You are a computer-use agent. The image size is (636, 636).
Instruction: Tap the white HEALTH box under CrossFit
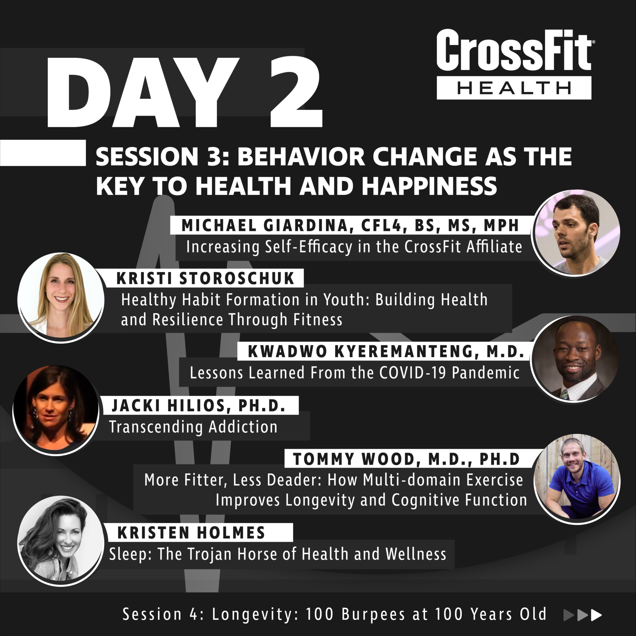(x=514, y=88)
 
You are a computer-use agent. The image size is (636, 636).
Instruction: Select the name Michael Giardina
(x=265, y=226)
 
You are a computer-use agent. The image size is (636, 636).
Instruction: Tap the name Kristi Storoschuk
(x=205, y=278)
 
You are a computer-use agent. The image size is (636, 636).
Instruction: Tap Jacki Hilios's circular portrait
(x=56, y=410)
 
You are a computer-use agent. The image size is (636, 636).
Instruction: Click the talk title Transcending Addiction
(x=193, y=427)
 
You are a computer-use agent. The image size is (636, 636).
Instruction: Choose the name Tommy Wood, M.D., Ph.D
(x=406, y=459)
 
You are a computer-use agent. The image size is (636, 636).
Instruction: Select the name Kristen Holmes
(x=191, y=533)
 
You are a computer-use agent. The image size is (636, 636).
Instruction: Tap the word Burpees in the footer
(x=373, y=614)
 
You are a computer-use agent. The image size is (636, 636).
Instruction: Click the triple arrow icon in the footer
(x=582, y=615)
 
